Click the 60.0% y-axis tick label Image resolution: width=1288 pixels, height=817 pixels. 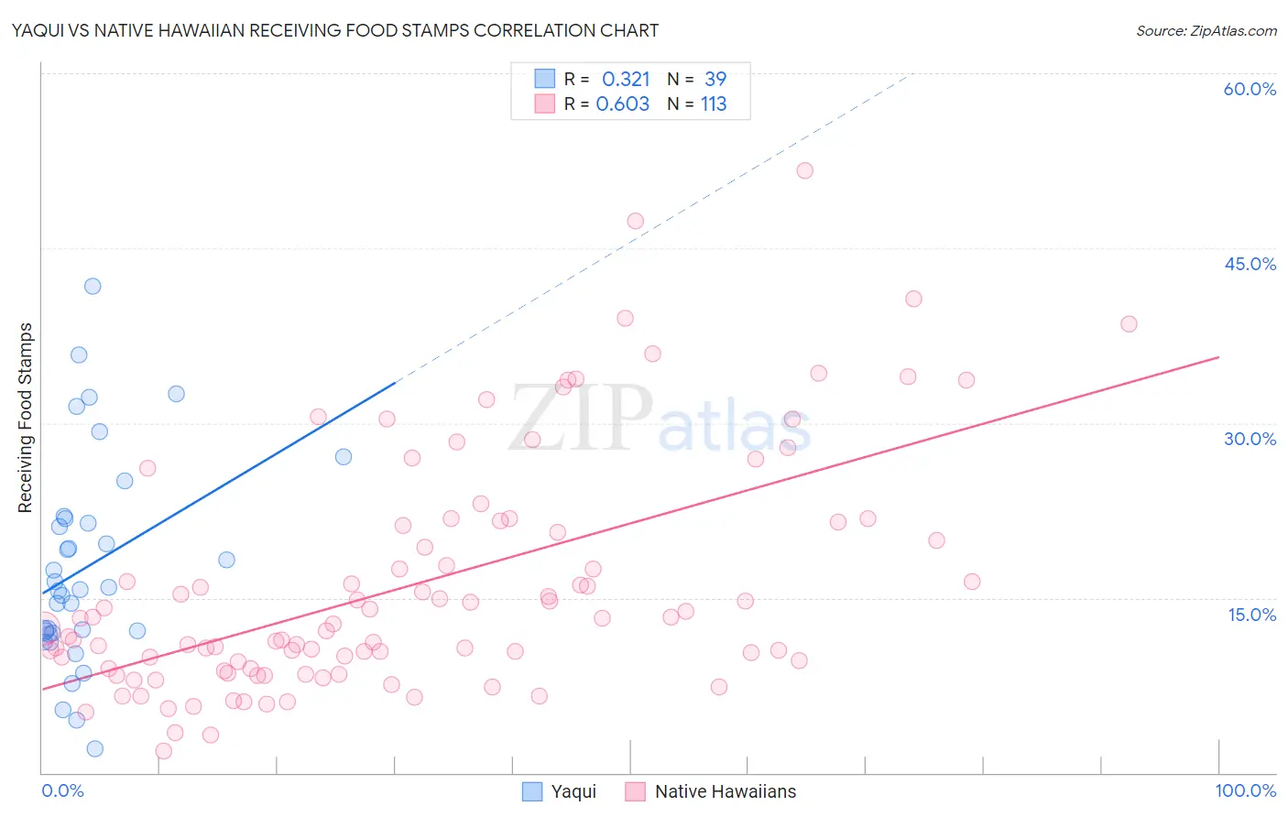point(1250,89)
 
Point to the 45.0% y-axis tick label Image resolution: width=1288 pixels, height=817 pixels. point(1250,264)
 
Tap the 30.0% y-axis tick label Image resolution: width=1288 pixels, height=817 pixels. point(1250,439)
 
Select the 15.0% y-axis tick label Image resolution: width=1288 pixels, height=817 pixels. point(1251,614)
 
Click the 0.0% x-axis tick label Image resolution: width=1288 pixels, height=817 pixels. point(62,790)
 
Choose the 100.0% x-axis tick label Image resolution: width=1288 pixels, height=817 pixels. point(1245,790)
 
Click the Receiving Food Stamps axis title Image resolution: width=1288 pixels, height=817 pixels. point(25,418)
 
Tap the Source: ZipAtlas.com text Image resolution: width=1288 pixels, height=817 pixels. point(1206,30)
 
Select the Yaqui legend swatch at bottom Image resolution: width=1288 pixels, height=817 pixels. point(532,791)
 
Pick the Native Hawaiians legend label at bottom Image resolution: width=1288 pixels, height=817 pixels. point(726,791)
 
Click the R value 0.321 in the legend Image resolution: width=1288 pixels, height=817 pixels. point(626,80)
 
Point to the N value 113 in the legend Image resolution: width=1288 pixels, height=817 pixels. point(714,104)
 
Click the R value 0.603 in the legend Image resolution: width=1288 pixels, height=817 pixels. point(623,104)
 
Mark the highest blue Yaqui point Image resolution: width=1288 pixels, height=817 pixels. point(93,286)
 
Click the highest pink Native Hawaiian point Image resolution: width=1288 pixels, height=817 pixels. point(805,170)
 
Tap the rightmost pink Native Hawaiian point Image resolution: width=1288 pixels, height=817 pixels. point(1129,324)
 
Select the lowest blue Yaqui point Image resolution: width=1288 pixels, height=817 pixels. point(94,748)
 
